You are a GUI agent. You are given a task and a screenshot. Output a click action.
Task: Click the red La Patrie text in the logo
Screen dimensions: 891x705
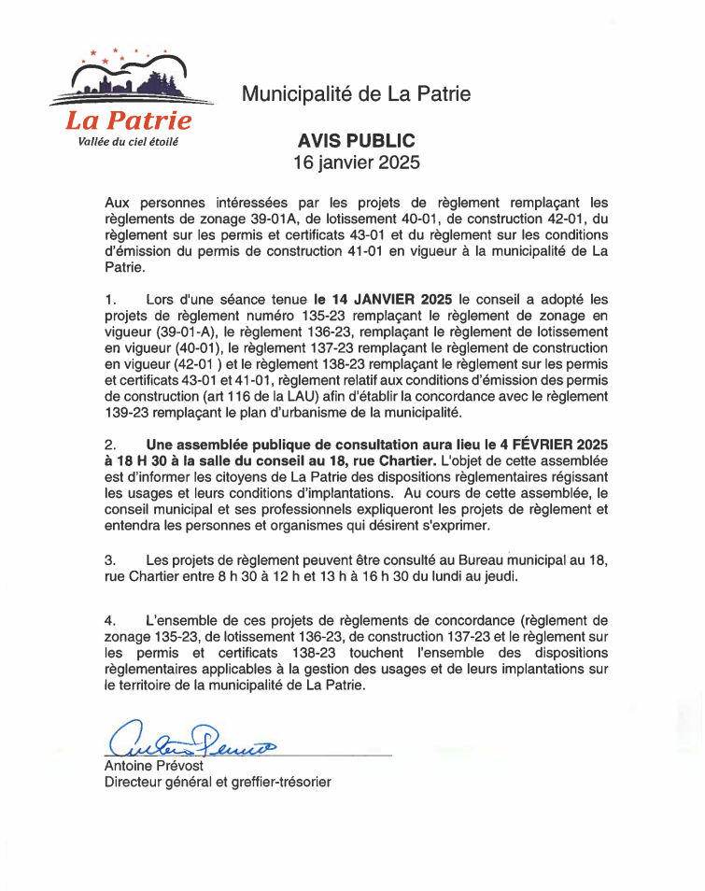(128, 120)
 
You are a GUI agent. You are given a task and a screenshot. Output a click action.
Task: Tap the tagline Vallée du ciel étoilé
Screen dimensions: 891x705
(128, 142)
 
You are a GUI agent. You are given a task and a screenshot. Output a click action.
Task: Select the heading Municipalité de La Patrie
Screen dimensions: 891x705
(356, 93)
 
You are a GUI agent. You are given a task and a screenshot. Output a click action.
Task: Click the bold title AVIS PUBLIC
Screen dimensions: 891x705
(356, 141)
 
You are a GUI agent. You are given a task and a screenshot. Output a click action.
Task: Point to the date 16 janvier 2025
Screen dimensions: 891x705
(356, 163)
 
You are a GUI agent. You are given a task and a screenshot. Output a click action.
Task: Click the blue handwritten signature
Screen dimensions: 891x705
(192, 739)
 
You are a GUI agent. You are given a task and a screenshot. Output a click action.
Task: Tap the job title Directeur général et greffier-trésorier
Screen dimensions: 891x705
(217, 782)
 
